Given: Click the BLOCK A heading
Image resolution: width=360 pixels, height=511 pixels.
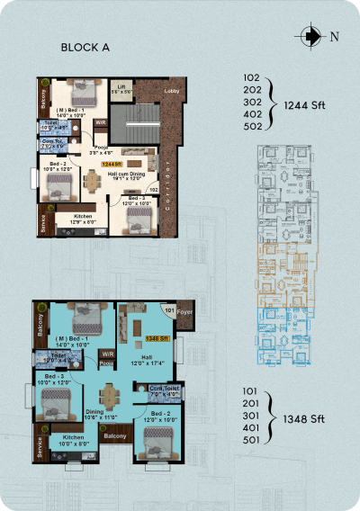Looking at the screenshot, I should (85, 49).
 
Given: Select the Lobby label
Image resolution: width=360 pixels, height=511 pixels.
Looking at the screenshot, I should (172, 93).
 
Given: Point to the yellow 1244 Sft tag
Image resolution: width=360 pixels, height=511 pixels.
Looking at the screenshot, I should (112, 165).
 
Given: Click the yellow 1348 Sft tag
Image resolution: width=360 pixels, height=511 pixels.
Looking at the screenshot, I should (157, 338).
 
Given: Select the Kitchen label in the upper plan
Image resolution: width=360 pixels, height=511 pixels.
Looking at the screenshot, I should (83, 219).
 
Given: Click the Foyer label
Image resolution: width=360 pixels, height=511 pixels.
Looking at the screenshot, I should (184, 315).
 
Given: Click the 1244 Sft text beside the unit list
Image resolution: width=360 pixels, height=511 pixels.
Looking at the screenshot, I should (302, 105).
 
